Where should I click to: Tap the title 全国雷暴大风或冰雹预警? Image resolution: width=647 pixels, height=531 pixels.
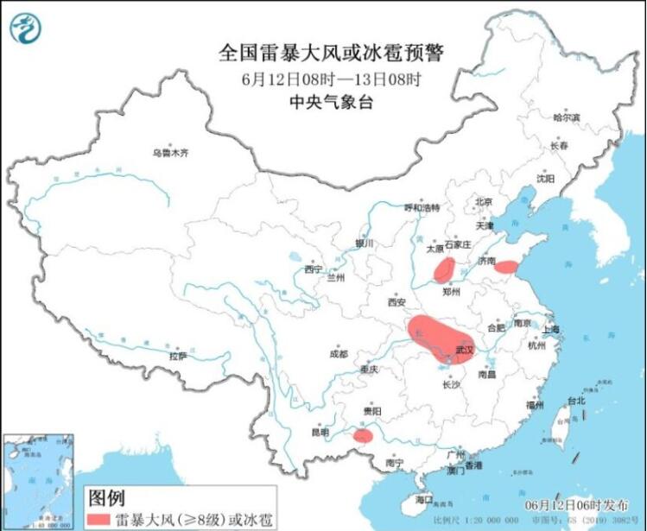331,54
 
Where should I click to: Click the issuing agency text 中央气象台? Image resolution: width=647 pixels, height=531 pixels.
331,101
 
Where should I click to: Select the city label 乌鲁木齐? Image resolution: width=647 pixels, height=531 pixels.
169,153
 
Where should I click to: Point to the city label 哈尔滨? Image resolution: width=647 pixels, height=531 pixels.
567,117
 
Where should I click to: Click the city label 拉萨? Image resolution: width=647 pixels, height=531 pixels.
178,355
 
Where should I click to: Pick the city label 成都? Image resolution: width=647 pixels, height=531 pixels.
338,353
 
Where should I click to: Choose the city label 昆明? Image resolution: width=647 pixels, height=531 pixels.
322,432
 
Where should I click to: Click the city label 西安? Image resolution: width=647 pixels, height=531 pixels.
396,303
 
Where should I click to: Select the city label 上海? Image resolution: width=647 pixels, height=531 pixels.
550,329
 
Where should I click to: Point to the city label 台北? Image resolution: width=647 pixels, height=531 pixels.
576,401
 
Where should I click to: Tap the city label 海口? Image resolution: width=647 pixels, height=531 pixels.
422,500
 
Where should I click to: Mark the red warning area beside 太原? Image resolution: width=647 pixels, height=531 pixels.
444,269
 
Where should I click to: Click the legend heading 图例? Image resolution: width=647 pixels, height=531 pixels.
106,498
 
